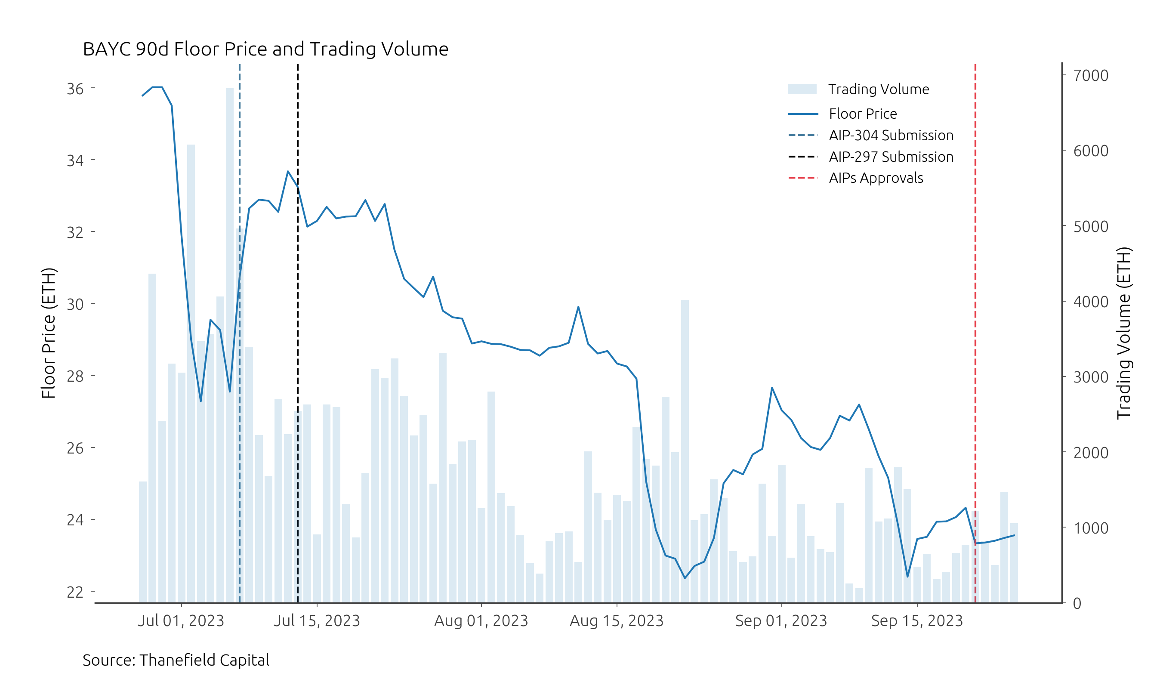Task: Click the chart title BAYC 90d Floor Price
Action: pyautogui.click(x=265, y=49)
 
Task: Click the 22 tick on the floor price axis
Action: pyautogui.click(x=75, y=592)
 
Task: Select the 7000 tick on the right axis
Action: pyautogui.click(x=1091, y=75)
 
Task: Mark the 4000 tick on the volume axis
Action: pyautogui.click(x=1091, y=302)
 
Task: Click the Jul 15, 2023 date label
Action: pyautogui.click(x=317, y=620)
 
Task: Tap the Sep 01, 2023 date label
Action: pyautogui.click(x=780, y=620)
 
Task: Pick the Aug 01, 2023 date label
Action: pyautogui.click(x=481, y=620)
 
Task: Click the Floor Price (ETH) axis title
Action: pyautogui.click(x=49, y=333)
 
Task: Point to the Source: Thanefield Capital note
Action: pyautogui.click(x=176, y=660)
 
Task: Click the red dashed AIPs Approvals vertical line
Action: pyautogui.click(x=975, y=324)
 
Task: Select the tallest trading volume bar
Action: pyautogui.click(x=229, y=324)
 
